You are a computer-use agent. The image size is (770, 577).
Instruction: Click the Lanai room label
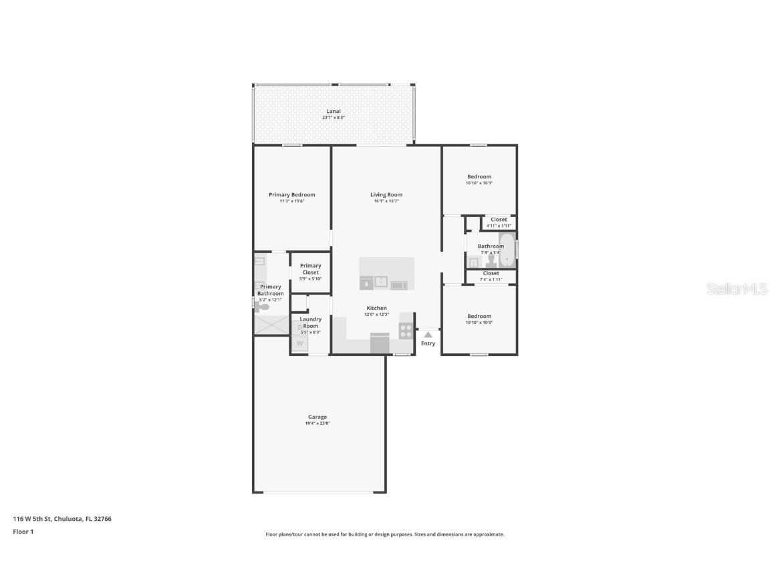333,111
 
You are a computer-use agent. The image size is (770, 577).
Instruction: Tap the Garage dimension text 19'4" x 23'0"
317,423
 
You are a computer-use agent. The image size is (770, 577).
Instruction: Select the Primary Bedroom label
291,195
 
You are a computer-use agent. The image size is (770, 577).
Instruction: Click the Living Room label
386,195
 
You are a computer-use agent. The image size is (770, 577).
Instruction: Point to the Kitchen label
376,308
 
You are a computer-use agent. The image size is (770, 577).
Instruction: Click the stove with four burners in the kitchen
406,329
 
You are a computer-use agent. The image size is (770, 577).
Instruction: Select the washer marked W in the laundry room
300,344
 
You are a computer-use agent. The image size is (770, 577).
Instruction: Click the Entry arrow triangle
428,335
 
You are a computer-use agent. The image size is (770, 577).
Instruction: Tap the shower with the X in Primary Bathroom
271,325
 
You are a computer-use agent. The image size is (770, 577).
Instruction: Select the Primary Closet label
310,269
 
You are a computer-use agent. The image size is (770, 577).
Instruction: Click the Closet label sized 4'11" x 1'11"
499,220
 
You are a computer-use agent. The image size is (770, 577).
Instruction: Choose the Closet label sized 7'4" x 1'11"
491,273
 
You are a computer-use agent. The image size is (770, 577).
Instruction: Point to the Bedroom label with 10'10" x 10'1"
479,177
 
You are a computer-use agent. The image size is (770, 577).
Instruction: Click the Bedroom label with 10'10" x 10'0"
479,317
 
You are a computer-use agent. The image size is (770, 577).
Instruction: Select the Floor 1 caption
23,532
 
